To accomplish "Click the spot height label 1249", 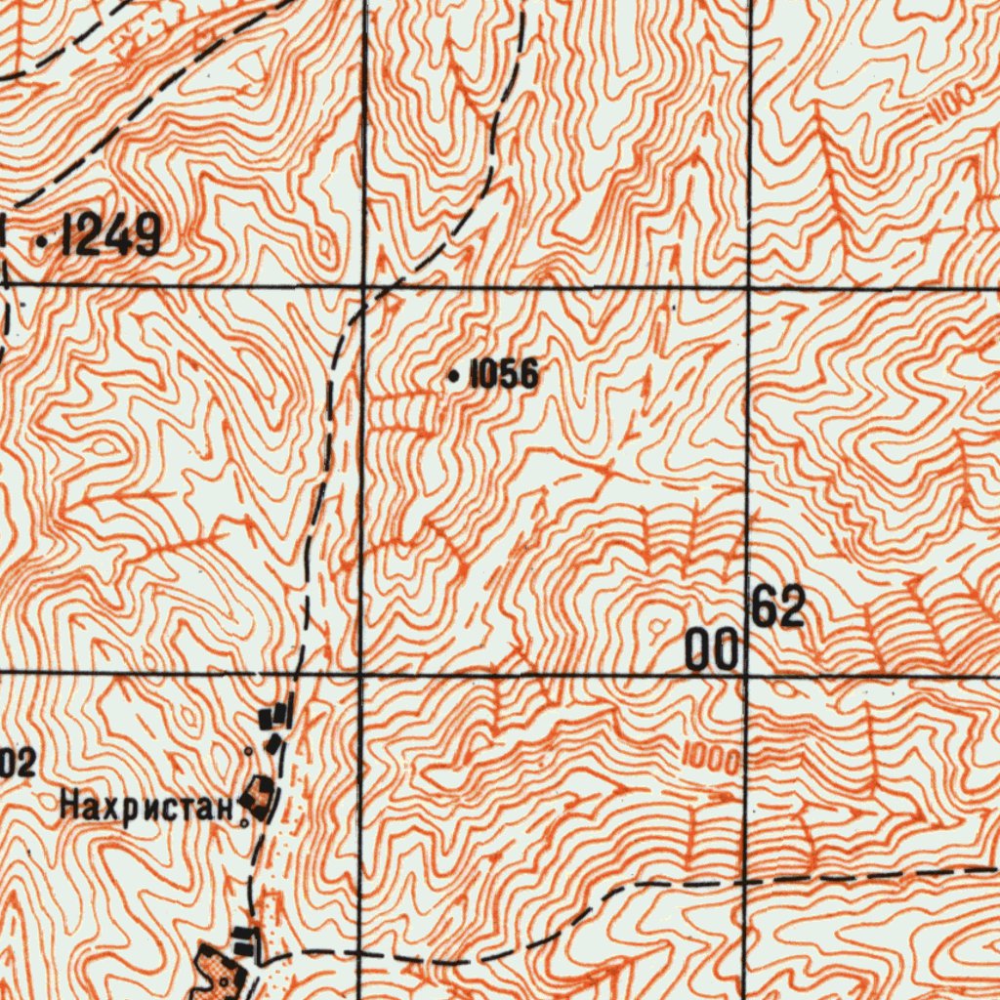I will [110, 236].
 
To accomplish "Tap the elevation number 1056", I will [504, 374].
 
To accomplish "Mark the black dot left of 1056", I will [453, 375].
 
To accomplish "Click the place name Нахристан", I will [146, 808].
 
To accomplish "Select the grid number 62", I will [778, 608].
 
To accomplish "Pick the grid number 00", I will [711, 649].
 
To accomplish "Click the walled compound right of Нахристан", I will [260, 797].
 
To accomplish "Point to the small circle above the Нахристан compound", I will [249, 751].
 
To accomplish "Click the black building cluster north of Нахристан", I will [275, 723].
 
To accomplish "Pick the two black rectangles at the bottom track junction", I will [244, 942].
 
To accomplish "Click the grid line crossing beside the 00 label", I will [748, 675].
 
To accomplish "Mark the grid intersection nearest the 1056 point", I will [362, 288].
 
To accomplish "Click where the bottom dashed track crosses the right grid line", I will [748, 881].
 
